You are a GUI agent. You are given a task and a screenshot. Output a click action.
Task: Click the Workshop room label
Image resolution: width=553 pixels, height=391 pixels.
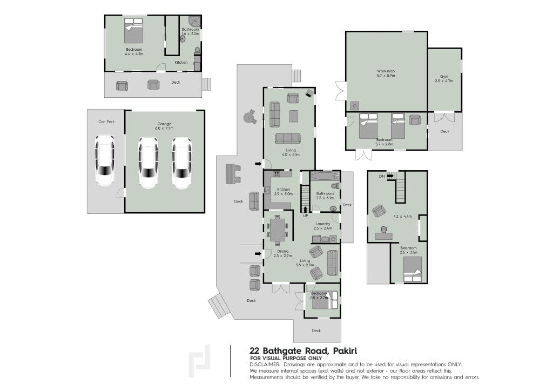coord(386,71)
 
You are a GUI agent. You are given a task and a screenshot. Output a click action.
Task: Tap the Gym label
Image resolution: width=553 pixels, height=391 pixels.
coord(444,77)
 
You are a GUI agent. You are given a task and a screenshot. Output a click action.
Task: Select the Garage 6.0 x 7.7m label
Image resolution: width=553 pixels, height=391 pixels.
coord(164,126)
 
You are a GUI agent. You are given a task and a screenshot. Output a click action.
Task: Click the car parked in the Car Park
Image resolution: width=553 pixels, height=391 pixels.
coord(105,161)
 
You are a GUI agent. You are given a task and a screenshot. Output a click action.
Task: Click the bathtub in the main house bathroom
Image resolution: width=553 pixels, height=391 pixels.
coord(325,176)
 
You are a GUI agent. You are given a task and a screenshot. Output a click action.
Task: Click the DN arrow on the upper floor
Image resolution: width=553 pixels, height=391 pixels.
coord(390,176)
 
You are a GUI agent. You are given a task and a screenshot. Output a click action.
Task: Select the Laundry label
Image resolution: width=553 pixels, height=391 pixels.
coord(323,224)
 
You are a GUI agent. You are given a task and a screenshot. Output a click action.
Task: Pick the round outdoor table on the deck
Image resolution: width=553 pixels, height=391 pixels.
coord(250,116)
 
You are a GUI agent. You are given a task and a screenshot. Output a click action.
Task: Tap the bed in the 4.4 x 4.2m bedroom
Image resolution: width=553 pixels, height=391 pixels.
coord(133,30)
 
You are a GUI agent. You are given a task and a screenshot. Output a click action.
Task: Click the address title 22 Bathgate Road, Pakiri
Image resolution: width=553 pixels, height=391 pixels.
coord(304,351)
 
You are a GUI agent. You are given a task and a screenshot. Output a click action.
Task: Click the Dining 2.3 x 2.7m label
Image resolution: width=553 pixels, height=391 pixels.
coord(283,253)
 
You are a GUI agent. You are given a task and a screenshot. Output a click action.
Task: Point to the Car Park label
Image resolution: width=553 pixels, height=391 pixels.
coord(106,122)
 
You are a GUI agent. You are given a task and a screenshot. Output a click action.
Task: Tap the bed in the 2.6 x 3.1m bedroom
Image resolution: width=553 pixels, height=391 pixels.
coord(413,269)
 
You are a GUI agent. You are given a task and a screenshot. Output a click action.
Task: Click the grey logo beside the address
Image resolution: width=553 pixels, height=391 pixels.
coord(200,361)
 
